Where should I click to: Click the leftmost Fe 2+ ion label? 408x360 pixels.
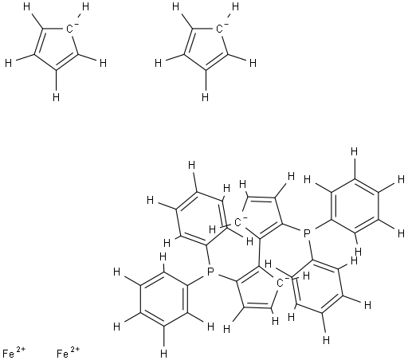14,353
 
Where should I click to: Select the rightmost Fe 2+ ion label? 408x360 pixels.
68,353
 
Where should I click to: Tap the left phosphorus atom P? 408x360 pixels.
210,272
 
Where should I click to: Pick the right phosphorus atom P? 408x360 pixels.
307,234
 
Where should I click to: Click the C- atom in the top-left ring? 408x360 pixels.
69,29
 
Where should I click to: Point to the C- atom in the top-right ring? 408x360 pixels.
219,29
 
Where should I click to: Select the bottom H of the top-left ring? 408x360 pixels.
56,97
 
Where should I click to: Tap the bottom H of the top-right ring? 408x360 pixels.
205,97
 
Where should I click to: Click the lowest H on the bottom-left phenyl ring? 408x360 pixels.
164,354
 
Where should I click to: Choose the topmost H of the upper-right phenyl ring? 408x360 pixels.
354,152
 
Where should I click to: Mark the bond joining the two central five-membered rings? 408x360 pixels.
259,252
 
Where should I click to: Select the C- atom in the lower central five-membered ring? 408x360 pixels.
280,284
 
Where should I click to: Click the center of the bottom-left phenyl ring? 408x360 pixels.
164,299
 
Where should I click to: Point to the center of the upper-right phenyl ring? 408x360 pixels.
355,206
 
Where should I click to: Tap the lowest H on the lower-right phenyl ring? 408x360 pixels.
327,339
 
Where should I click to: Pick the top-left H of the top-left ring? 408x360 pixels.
27,7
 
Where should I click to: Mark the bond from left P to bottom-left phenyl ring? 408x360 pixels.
198,280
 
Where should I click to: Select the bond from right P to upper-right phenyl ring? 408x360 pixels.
321,225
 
